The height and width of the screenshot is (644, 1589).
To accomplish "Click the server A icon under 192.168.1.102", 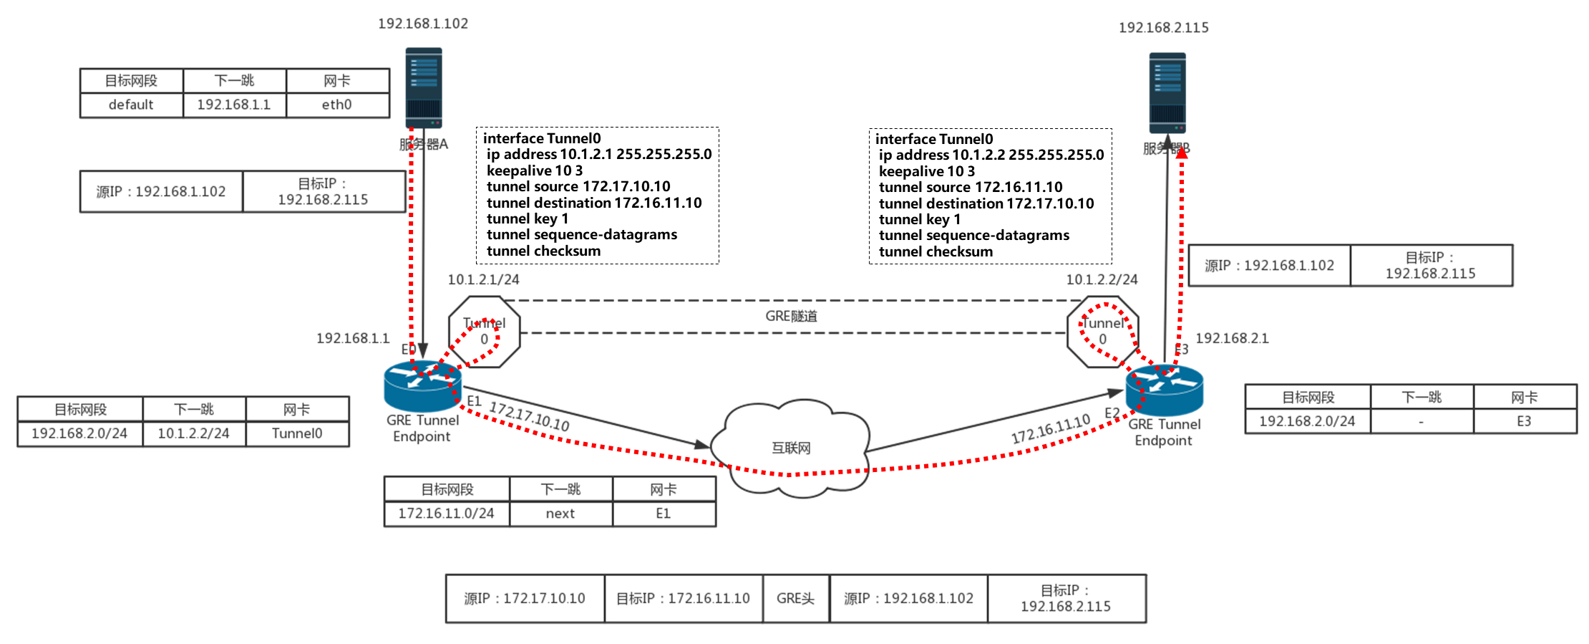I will coord(423,88).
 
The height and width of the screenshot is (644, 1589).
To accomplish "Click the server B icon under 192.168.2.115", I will coord(1167,92).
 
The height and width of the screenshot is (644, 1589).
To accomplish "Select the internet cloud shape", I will coord(791,447).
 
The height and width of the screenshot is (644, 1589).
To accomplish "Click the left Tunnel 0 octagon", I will coord(484,332).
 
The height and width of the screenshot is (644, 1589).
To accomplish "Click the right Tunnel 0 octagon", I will coord(1102,332).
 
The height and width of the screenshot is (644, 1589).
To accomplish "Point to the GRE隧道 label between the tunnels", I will coord(791,316).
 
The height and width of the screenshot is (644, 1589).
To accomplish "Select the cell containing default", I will coord(131,105).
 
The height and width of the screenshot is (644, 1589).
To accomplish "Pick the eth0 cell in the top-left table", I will coord(337,105).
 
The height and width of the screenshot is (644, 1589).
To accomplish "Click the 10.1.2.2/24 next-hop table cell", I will coord(194,433).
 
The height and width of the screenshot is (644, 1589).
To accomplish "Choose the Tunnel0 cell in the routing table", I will coord(297,433).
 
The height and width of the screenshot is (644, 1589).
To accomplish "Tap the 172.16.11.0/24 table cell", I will coord(446,514).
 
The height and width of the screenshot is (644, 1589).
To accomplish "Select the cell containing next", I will coord(560,514).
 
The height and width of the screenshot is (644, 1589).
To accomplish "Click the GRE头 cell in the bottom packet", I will coord(795,598).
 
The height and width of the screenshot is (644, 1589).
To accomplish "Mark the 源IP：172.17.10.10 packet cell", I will coord(525,598).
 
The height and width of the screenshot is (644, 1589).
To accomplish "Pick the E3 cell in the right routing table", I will coord(1524,421).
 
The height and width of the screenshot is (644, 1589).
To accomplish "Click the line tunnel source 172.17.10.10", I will coord(578,187).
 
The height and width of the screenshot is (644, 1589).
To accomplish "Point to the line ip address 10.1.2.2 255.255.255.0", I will coord(991,155).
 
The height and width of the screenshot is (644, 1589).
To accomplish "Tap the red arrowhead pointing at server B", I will coord(1182,152).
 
